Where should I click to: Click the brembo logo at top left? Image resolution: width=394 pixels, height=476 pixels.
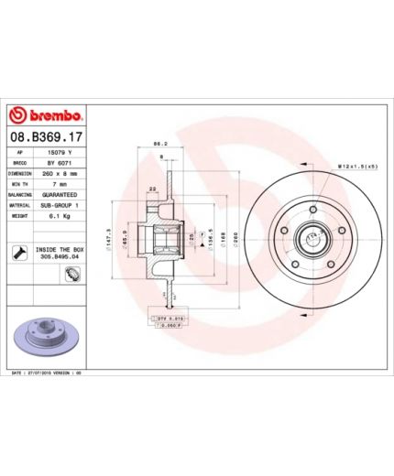coord(47,117)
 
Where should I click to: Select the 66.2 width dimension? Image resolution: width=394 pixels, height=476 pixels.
coord(157,144)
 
